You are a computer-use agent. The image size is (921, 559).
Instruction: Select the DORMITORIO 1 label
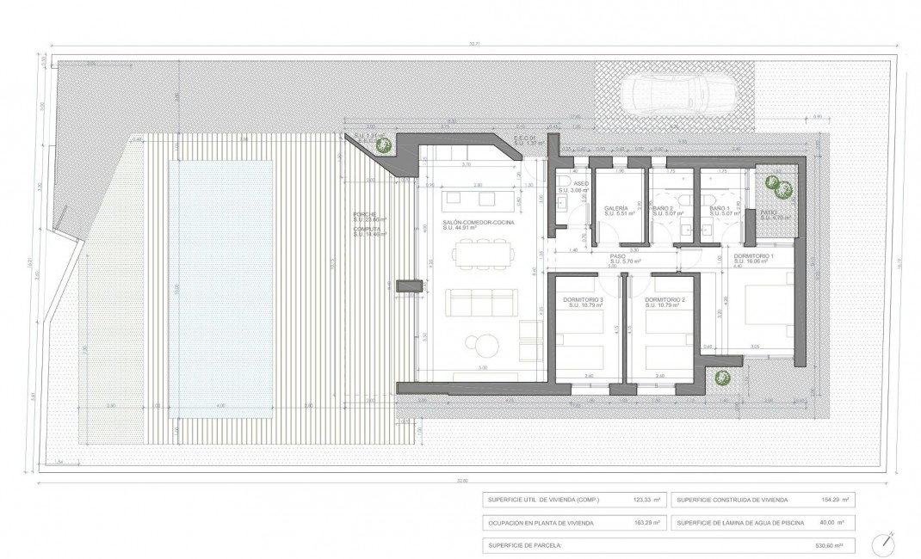click(755, 257)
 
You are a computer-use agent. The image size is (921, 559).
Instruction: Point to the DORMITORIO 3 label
click(583, 299)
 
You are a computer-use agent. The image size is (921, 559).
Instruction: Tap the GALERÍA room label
click(615, 209)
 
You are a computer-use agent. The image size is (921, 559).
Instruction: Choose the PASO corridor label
click(617, 255)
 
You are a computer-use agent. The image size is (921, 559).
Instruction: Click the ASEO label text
click(581, 183)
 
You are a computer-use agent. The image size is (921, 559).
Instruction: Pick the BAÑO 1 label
click(720, 209)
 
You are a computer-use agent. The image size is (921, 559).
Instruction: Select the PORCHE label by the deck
click(365, 214)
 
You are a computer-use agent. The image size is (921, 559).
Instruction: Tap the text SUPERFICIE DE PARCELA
click(525, 545)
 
